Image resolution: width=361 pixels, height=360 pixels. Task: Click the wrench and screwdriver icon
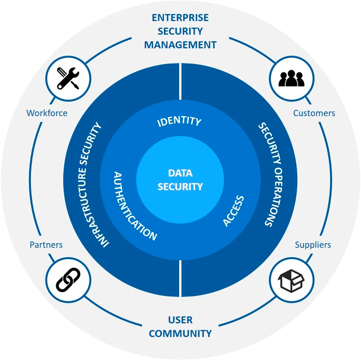[x=68, y=78]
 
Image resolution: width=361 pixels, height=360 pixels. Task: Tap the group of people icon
[x=292, y=78]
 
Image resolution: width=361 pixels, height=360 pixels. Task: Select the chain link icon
[x=68, y=279]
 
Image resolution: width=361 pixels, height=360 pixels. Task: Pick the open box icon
[x=291, y=280]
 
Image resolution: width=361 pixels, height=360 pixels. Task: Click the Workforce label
[x=47, y=113]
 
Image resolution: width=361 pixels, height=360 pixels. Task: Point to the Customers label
[x=314, y=113]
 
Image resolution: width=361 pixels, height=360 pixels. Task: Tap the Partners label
[x=46, y=245]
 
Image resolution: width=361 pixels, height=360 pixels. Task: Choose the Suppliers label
[x=313, y=245]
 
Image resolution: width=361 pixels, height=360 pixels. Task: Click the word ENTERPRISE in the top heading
[x=180, y=18]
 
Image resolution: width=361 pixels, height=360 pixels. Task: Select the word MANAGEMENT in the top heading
[x=180, y=45]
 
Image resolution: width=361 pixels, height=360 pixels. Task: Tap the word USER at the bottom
[x=180, y=320]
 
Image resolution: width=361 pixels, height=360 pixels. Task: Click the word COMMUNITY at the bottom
[x=180, y=333]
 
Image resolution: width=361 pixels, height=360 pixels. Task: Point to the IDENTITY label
[x=179, y=121]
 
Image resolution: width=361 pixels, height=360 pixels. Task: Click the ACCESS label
[x=233, y=211]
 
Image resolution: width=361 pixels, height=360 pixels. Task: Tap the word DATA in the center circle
[x=180, y=173]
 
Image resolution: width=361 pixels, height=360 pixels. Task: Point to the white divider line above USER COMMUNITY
[x=180, y=278]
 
